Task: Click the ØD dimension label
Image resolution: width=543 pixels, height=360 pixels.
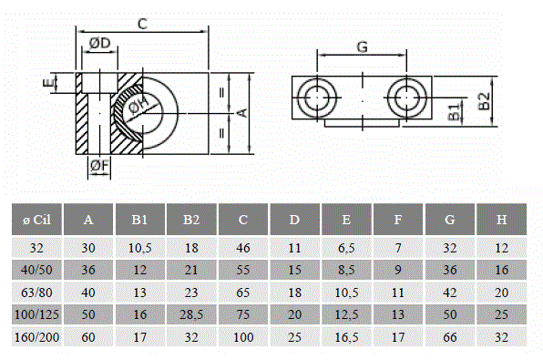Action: coord(99,44)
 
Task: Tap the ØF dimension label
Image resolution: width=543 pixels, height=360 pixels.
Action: coord(99,165)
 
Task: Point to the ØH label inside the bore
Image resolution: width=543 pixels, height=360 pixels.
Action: coord(138,105)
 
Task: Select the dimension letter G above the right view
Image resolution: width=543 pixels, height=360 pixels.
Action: coord(362,46)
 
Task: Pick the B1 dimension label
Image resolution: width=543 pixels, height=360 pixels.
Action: coord(455,111)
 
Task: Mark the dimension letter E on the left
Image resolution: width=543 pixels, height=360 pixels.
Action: coord(48,83)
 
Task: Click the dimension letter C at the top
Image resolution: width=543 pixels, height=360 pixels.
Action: coord(142,24)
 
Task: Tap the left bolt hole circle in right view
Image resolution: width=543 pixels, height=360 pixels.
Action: coord(317,98)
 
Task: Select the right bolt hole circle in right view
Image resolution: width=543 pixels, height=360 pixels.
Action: coord(406,98)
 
